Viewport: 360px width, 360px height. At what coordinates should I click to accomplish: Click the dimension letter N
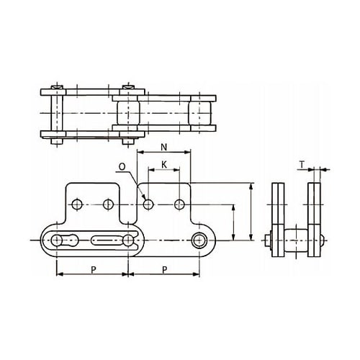coord(163,147)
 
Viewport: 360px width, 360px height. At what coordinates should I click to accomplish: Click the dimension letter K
coord(164,165)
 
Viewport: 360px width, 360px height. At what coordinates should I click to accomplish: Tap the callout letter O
coord(122,166)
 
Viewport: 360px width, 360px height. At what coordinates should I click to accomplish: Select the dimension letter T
coord(302,165)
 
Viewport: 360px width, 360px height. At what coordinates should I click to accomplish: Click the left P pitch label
coord(94,270)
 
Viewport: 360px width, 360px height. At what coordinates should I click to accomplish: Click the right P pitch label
coord(164,270)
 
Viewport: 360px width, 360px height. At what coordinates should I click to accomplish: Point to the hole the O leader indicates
coord(148,204)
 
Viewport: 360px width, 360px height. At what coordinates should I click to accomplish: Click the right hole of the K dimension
coord(179,204)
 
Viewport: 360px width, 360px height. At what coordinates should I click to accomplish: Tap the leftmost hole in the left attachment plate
coord(77,204)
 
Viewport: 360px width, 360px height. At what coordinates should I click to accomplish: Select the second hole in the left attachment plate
coord(108,204)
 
